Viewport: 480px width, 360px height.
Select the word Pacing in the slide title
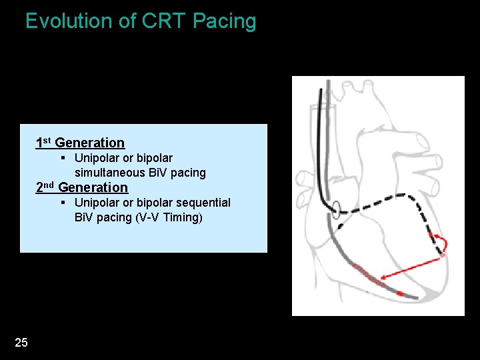coord(225,21)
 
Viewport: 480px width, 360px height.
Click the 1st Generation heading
coord(80,143)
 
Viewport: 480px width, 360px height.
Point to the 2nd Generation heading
coord(81,187)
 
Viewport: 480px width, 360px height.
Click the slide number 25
coord(21,343)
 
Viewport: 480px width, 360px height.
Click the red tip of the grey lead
coord(399,293)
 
